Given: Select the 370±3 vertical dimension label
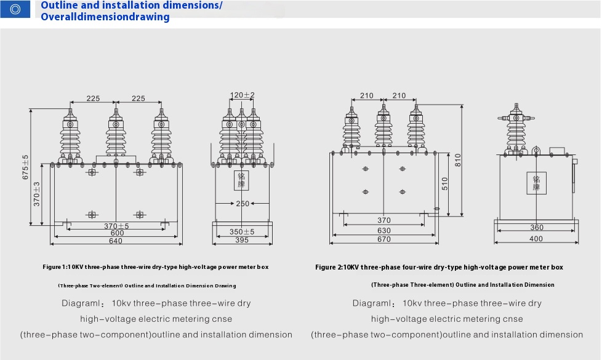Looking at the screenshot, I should (37, 194).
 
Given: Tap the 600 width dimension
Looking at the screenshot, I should (116, 233).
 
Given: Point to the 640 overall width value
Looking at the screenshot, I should (116, 241).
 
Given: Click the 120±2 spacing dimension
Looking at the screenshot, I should (242, 95).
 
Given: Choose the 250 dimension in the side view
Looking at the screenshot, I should (242, 204).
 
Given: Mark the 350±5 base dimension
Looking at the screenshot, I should (242, 232).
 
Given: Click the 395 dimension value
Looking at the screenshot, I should (242, 241).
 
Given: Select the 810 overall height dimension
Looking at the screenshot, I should (458, 160).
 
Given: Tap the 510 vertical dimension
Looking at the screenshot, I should (444, 183).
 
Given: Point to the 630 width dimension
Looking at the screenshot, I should (383, 231).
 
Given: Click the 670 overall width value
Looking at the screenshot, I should (383, 239).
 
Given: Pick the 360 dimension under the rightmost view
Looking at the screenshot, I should (537, 228).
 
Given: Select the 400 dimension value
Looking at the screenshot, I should (537, 239).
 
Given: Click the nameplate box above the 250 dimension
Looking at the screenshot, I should (242, 181).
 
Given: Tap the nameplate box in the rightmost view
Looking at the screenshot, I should (536, 183).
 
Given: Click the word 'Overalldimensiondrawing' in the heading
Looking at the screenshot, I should (105, 17).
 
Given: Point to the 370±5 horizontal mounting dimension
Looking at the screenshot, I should (116, 226).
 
